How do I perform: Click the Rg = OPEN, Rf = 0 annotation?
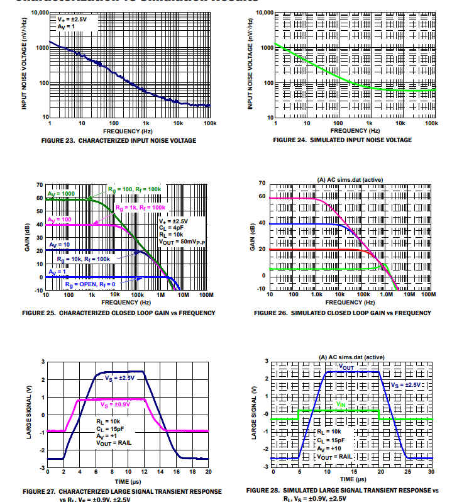pos(89,284)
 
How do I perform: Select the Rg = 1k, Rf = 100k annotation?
pos(141,206)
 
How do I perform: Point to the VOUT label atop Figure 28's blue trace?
pos(346,366)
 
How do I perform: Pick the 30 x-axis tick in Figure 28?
pos(431,471)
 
